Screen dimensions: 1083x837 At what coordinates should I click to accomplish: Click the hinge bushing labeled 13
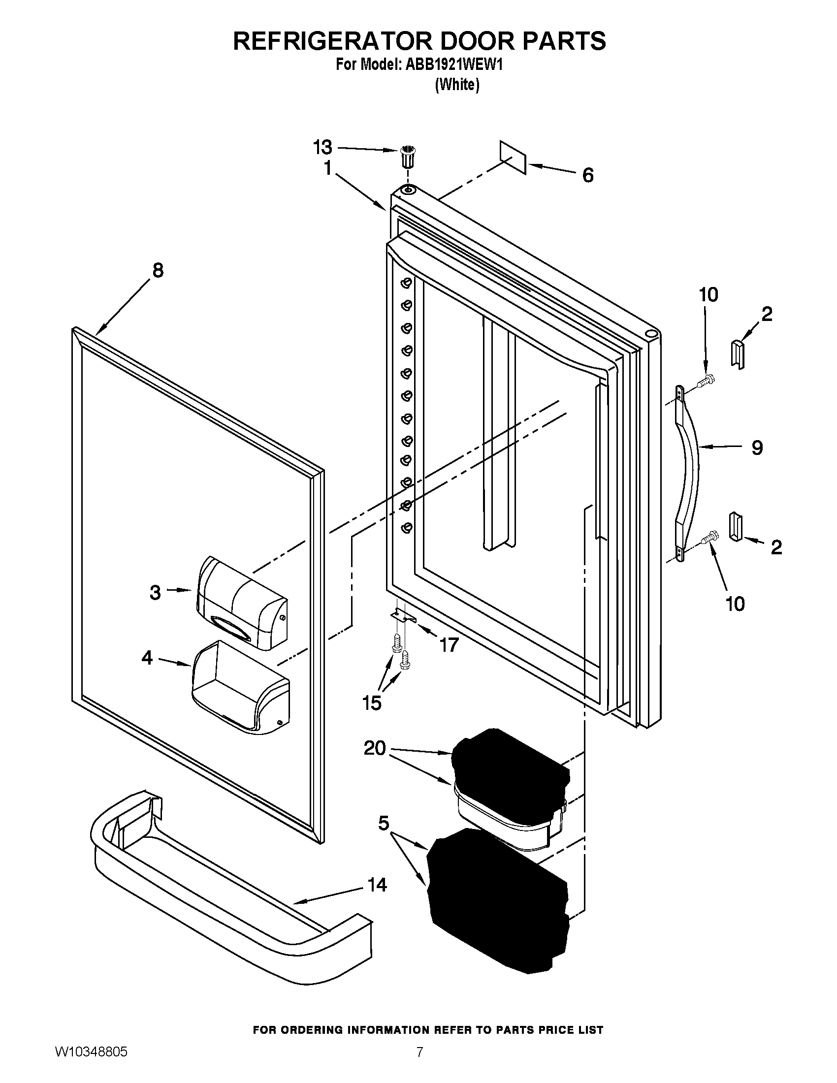(x=408, y=157)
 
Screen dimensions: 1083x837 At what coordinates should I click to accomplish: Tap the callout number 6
(x=587, y=176)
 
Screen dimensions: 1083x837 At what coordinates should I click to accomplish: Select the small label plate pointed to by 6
(x=512, y=156)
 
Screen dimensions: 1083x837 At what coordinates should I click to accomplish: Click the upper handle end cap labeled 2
(x=738, y=353)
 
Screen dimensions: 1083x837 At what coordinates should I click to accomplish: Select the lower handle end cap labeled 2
(x=736, y=528)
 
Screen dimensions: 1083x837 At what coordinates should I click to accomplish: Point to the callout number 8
(x=158, y=270)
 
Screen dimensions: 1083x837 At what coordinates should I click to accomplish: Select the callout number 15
(x=372, y=703)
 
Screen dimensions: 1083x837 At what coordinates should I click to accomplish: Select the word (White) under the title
(x=457, y=85)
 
